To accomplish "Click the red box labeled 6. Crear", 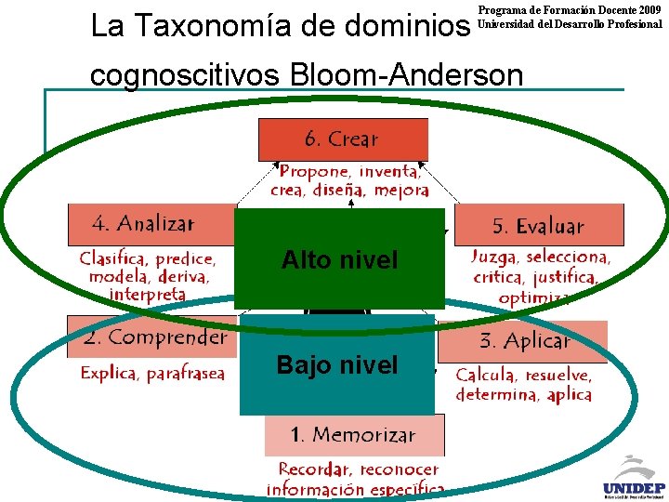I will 343,140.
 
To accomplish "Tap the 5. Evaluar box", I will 539,225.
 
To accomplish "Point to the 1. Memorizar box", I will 354,435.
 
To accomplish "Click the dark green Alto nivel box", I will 339,259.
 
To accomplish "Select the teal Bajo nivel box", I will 336,365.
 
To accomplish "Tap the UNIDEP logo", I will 631,478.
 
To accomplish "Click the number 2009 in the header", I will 647,9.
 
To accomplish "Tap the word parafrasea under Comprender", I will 186,374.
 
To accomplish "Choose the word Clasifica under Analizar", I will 114,259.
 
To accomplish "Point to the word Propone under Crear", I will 315,172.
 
